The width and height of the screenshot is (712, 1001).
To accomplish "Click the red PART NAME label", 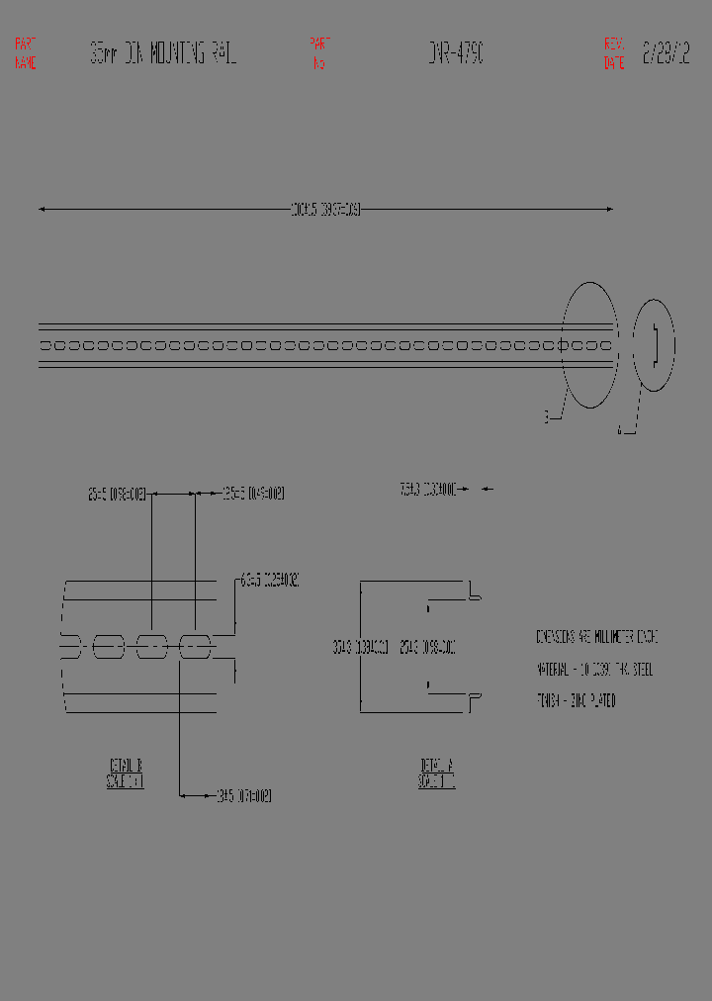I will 26,53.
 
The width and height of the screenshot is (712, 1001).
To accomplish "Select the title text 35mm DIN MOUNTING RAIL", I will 163,53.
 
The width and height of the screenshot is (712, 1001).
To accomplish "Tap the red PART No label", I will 319,53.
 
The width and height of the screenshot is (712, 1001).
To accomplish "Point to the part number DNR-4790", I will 456,53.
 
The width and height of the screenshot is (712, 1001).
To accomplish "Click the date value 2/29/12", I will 666,53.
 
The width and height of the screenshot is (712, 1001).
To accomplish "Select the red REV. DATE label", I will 614,53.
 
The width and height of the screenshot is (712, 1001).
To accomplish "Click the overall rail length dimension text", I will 325,210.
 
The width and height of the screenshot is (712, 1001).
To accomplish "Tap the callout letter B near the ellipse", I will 545,418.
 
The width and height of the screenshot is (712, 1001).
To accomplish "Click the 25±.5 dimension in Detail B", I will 117,493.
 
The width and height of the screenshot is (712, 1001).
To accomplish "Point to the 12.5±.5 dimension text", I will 253,493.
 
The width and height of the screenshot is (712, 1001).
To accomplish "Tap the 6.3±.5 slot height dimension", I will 269,581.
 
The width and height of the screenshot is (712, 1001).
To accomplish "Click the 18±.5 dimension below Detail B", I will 243,795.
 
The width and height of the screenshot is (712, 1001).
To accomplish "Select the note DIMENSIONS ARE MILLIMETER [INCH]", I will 596,638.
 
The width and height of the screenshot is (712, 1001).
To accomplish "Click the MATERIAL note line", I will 594,670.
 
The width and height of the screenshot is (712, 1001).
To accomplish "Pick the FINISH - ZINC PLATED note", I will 576,701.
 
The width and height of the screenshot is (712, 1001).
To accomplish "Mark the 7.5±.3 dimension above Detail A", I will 427,489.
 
